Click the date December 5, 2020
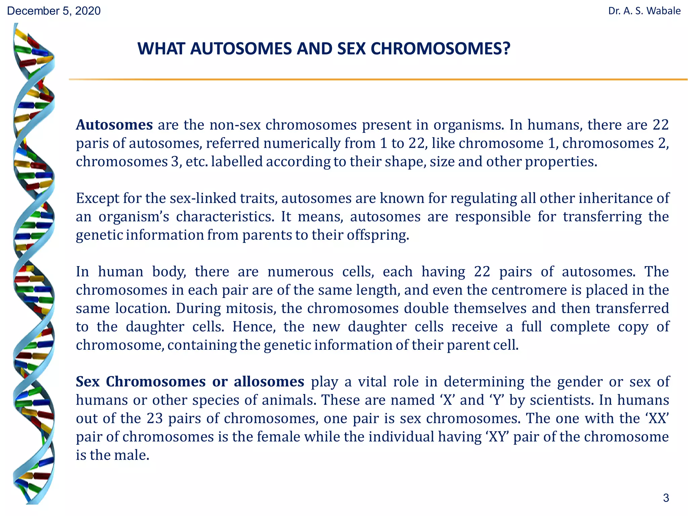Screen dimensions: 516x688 tap(54, 11)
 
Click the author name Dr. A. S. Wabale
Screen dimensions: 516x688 tap(644, 11)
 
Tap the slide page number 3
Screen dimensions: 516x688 tap(666, 498)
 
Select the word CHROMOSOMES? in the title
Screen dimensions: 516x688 tap(440, 49)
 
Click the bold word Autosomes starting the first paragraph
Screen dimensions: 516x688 tap(114, 125)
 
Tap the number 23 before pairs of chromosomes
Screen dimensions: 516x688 tap(155, 419)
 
